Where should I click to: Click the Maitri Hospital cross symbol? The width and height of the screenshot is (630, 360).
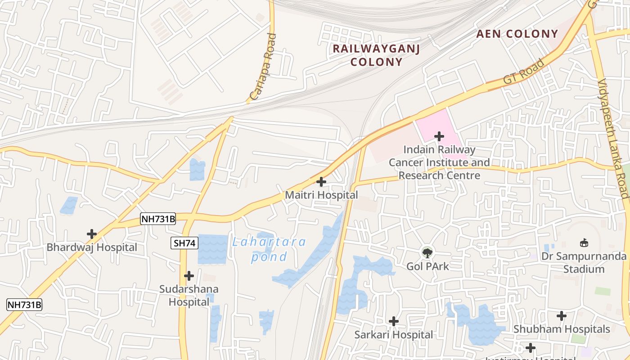(321, 182)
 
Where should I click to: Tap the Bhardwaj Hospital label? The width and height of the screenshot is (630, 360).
(92, 247)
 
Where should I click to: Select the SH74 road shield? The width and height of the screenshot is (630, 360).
(184, 243)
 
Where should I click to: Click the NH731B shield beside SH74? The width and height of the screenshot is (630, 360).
(158, 219)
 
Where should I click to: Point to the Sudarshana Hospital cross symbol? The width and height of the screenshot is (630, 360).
(189, 275)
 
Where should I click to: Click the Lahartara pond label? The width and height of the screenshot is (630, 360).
(269, 249)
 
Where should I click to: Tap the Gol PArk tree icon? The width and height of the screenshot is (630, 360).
(427, 252)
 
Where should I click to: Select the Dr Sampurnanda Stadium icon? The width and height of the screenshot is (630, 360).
(584, 243)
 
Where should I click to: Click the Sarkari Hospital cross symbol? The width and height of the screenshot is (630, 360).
(394, 321)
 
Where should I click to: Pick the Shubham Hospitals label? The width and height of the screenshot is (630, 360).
(562, 329)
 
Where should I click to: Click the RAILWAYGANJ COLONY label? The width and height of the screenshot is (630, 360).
(376, 55)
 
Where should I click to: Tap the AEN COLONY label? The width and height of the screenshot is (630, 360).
(517, 34)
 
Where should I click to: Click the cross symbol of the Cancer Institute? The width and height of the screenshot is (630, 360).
(439, 136)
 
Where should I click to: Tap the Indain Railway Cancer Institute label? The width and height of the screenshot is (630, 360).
(439, 162)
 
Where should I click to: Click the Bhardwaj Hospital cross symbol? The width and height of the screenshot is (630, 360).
(92, 234)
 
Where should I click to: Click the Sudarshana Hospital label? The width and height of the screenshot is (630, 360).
(189, 296)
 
